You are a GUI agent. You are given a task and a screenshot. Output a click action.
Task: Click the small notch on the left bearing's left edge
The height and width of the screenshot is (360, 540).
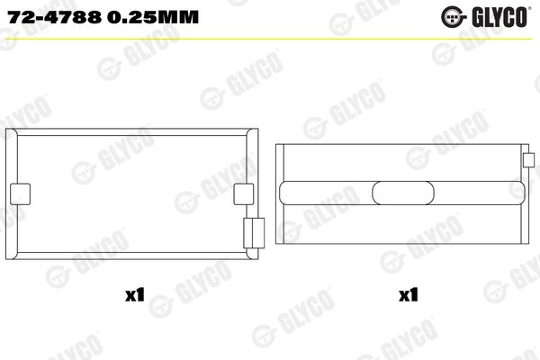tap(17, 193)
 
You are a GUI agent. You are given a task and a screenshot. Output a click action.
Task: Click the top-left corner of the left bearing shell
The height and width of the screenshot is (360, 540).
tap(20, 131)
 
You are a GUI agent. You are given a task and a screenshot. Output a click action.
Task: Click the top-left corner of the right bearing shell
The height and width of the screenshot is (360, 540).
tap(278, 143)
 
